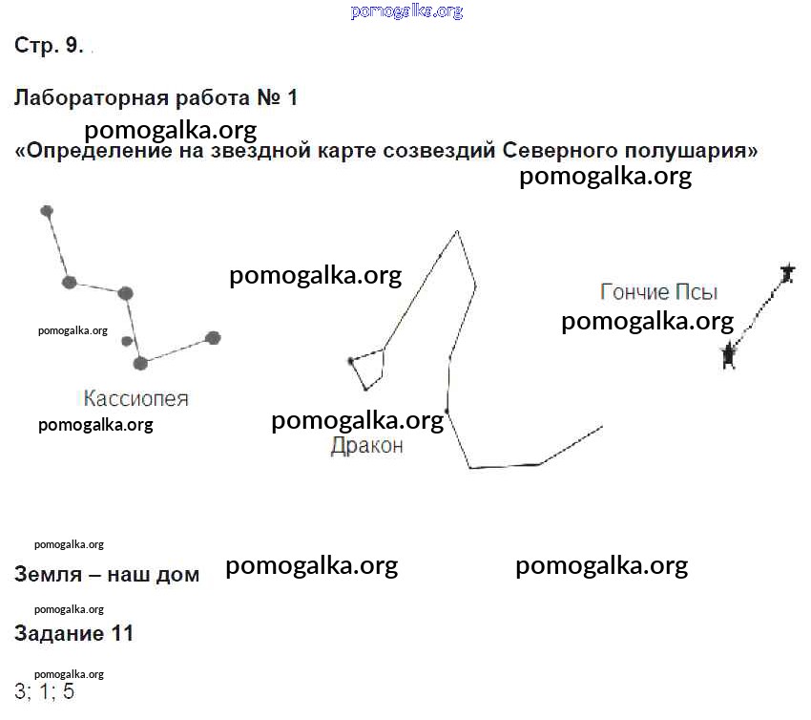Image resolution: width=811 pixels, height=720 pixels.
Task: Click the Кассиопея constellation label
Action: pyautogui.click(x=136, y=398)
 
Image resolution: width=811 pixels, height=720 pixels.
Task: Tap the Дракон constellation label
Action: pyautogui.click(x=366, y=445)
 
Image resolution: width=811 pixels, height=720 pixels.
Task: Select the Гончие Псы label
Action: pyautogui.click(x=659, y=292)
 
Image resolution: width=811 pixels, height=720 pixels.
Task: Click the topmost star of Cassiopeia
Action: pyautogui.click(x=47, y=211)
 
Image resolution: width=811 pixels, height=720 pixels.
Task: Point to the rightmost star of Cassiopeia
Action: pyautogui.click(x=213, y=338)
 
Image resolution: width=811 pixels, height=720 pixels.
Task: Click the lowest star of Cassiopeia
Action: pyautogui.click(x=140, y=364)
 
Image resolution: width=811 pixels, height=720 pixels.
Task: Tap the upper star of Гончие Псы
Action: pyautogui.click(x=788, y=273)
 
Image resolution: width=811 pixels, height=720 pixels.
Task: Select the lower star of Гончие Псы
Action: pyautogui.click(x=729, y=355)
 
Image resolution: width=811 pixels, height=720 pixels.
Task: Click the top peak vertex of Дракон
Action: pyautogui.click(x=457, y=231)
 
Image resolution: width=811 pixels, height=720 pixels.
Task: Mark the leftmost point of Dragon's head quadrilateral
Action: pyautogui.click(x=350, y=361)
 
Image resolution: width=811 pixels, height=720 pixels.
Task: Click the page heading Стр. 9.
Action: pyautogui.click(x=49, y=45)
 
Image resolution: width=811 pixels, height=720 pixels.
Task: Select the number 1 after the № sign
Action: pyautogui.click(x=292, y=97)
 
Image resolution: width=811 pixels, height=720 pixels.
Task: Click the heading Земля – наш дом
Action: pyautogui.click(x=107, y=574)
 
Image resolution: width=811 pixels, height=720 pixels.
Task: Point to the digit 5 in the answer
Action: pyautogui.click(x=69, y=691)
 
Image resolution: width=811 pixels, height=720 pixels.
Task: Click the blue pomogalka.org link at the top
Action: pyautogui.click(x=406, y=11)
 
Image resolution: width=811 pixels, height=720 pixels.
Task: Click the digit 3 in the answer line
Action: pyautogui.click(x=20, y=691)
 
